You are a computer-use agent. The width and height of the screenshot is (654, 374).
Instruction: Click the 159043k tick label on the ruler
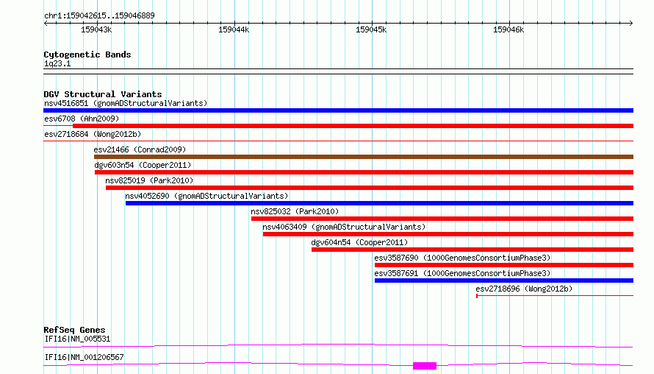tap(96, 29)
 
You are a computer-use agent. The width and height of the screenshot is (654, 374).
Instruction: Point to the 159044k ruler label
tap(234, 29)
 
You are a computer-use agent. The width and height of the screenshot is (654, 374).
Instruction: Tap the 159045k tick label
tap(371, 29)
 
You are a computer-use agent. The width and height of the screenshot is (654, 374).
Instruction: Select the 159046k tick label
tap(509, 29)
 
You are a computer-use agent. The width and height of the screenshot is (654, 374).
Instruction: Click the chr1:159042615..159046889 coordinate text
tap(99, 15)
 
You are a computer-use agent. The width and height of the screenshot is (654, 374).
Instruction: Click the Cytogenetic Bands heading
tap(87, 54)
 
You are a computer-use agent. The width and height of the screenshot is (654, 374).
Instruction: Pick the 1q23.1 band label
tap(57, 63)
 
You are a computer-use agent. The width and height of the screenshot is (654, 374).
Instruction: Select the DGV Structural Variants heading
tap(103, 94)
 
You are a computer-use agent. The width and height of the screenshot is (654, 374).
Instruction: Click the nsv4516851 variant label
tap(66, 103)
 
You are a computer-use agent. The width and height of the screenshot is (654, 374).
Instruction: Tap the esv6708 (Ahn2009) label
tap(82, 119)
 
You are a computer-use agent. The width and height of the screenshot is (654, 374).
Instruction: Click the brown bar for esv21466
tap(364, 157)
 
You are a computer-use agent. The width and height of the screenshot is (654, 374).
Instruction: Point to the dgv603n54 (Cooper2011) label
tap(143, 165)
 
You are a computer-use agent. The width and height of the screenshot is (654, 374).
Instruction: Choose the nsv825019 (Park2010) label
tap(149, 180)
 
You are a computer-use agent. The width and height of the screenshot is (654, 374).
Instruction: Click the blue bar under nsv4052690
tap(380, 203)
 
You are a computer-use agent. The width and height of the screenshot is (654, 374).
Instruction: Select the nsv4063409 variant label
tap(284, 227)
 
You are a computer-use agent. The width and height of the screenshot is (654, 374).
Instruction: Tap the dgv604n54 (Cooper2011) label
tap(359, 242)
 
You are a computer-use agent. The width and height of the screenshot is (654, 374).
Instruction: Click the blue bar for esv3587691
tap(504, 280)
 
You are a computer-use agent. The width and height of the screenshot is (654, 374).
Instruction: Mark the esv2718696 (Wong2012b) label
tap(524, 289)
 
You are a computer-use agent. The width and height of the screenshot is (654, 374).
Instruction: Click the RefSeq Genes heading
tap(74, 330)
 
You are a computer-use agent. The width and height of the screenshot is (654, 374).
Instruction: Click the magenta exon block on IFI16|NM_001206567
tap(425, 366)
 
